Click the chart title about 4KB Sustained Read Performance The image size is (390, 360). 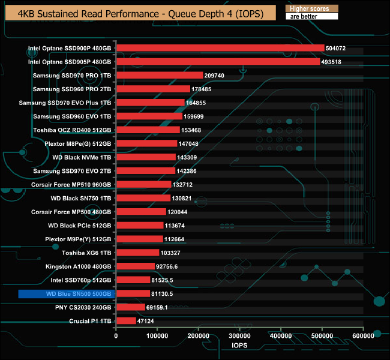[x=139, y=12]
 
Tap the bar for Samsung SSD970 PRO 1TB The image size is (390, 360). [x=159, y=75]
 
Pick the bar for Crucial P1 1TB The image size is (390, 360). [x=126, y=321]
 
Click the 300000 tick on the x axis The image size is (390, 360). [x=240, y=337]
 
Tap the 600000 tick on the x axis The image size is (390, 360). [x=364, y=337]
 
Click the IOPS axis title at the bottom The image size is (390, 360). [x=239, y=347]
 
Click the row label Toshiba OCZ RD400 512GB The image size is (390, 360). [x=73, y=130]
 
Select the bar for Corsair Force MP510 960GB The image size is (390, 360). [x=143, y=184]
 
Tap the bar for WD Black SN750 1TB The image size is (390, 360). [x=143, y=198]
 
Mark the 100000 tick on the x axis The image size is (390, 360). [x=157, y=337]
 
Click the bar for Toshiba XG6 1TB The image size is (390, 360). [x=137, y=253]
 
